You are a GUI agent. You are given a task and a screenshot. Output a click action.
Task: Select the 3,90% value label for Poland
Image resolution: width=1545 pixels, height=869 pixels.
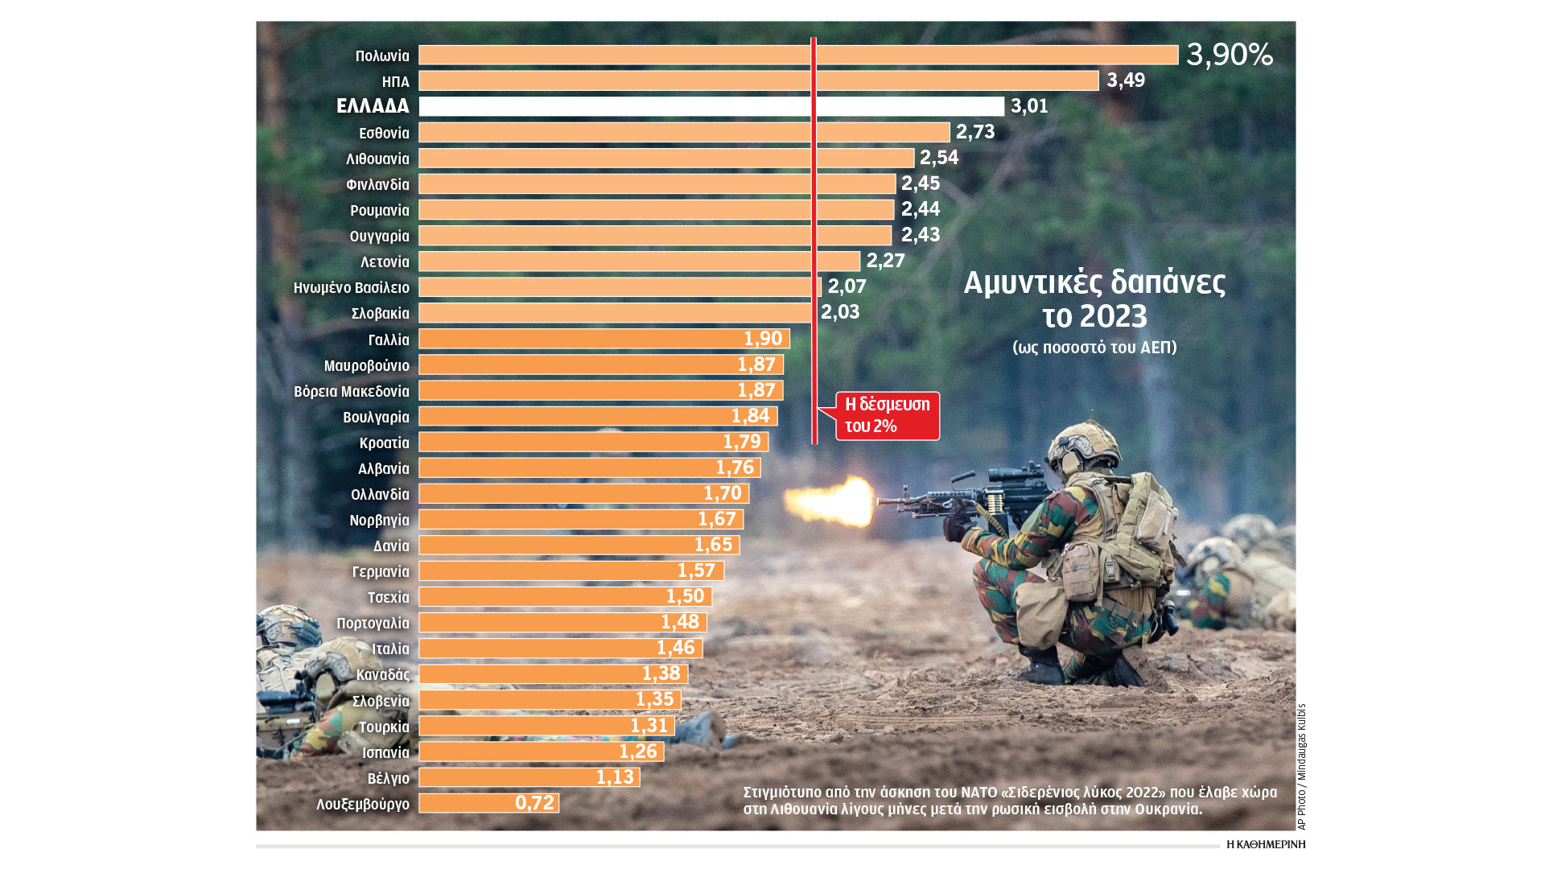(1229, 55)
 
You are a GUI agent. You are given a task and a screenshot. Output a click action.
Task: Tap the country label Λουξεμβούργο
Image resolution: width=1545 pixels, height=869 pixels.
(363, 804)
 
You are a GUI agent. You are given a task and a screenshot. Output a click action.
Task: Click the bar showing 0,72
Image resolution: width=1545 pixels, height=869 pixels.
(488, 803)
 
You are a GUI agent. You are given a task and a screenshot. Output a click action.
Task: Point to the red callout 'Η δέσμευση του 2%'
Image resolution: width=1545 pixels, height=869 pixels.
(887, 415)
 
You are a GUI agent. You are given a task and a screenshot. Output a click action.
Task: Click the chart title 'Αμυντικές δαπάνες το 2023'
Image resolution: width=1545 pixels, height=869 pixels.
(1094, 299)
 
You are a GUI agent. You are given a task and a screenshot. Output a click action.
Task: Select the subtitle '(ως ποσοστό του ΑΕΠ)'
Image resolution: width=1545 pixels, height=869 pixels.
(1094, 348)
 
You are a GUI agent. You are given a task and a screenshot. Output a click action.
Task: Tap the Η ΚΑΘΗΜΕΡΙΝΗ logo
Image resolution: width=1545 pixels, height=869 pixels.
(1266, 844)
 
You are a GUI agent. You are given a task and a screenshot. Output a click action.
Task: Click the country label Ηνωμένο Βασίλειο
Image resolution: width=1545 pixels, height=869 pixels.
(352, 287)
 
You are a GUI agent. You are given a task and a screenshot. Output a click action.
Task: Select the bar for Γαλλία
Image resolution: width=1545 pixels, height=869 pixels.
(604, 339)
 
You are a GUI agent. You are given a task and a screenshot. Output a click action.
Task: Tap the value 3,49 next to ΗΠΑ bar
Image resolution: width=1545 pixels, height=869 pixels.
(1125, 80)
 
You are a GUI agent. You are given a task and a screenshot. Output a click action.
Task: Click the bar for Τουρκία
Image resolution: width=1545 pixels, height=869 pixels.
(546, 726)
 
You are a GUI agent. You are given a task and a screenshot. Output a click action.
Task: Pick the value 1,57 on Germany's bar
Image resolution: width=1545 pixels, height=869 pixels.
(696, 571)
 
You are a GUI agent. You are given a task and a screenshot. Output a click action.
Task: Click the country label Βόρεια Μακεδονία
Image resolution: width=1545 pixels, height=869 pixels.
(352, 391)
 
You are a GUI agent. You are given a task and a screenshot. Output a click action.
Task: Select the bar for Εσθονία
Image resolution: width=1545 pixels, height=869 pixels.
(684, 132)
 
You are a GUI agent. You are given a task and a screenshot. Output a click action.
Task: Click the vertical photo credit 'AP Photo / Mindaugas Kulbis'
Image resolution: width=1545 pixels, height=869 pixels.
(1301, 766)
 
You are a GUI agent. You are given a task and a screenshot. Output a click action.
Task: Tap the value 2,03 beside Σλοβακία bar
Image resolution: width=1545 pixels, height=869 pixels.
(840, 312)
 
